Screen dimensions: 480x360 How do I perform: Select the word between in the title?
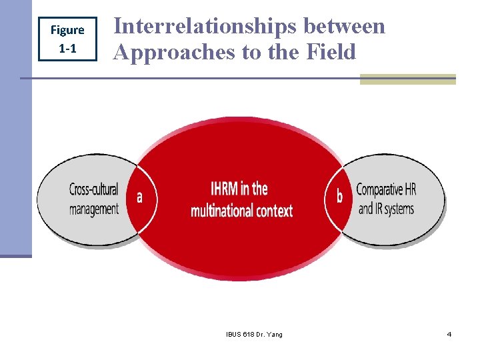[344, 26]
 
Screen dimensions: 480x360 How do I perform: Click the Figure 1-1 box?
[67, 39]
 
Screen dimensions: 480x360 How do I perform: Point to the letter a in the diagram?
[139, 197]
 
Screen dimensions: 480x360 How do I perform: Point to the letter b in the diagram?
[339, 197]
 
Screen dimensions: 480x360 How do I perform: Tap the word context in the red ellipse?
[273, 211]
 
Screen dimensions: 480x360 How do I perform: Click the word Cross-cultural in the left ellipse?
[93, 189]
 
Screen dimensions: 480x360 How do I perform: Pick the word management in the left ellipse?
[93, 209]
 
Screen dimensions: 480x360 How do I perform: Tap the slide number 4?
[449, 334]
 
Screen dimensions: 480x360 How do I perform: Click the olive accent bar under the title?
[407, 79]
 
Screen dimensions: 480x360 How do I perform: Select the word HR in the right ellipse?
[409, 189]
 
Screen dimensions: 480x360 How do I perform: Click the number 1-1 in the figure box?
[67, 48]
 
